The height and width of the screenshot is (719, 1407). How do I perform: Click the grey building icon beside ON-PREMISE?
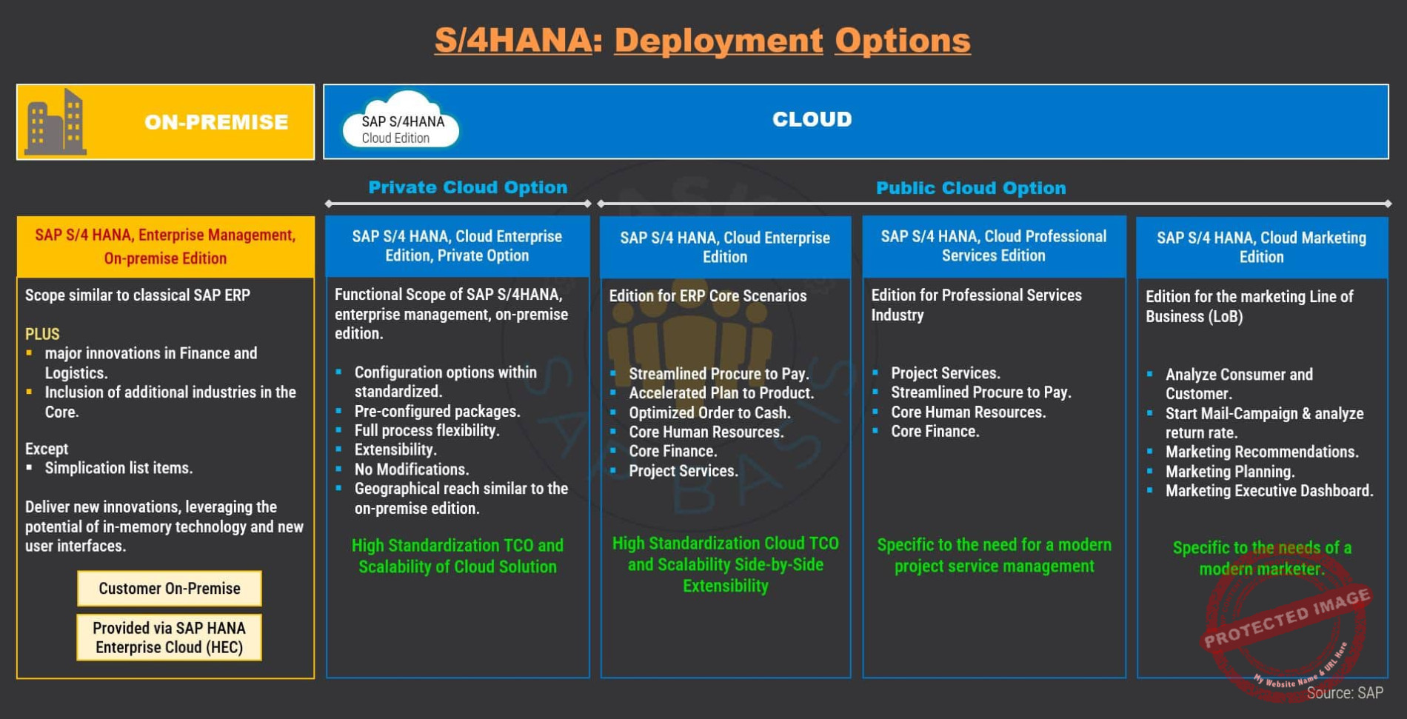56,122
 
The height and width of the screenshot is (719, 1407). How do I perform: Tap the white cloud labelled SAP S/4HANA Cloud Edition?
401,121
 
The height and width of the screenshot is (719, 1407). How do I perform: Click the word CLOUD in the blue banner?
812,119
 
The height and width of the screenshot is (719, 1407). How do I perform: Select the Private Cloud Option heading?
468,187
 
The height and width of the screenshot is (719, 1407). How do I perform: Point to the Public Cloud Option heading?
971,188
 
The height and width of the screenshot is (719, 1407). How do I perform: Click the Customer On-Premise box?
170,589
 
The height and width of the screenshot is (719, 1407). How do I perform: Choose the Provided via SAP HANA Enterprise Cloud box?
170,638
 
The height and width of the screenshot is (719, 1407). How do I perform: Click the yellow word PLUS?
42,334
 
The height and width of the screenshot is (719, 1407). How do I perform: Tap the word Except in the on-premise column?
47,449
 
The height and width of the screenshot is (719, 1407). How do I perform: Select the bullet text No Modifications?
412,469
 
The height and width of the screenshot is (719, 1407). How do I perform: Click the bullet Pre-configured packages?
438,412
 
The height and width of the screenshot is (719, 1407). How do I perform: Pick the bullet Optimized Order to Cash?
710,413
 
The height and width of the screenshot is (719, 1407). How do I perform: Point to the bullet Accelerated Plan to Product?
721,393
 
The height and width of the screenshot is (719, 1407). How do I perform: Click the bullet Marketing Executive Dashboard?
1269,491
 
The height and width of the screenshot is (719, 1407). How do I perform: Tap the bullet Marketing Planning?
1230,472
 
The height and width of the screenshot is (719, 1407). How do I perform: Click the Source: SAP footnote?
1345,693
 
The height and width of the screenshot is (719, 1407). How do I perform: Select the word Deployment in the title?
718,40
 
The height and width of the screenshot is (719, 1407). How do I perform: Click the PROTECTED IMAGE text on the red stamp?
1287,618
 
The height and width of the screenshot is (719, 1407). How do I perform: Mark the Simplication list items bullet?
118,468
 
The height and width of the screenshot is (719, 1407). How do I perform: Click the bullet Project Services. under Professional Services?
946,373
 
